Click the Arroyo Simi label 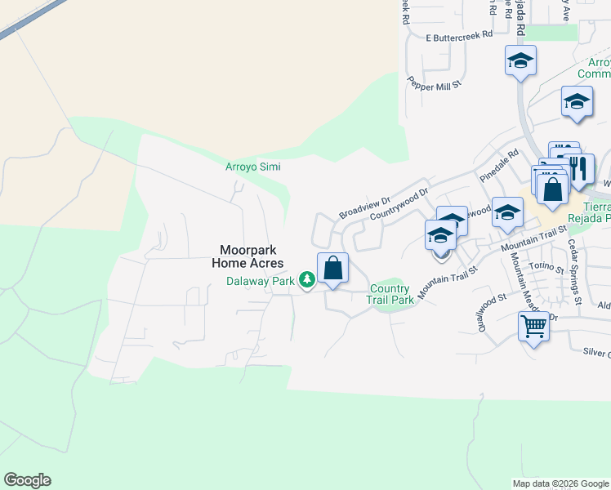[x=252, y=167]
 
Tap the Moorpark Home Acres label [x=248, y=256]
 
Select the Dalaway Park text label [x=261, y=281]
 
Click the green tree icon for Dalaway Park [x=307, y=281]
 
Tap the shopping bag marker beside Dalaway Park [x=332, y=269]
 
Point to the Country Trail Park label [x=390, y=294]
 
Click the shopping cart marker [x=533, y=327]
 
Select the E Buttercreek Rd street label [x=460, y=36]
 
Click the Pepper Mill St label [x=435, y=83]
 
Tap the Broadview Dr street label [x=365, y=207]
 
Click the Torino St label [x=547, y=267]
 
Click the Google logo [x=27, y=480]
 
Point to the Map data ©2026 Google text [x=560, y=483]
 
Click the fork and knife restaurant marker [x=579, y=169]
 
